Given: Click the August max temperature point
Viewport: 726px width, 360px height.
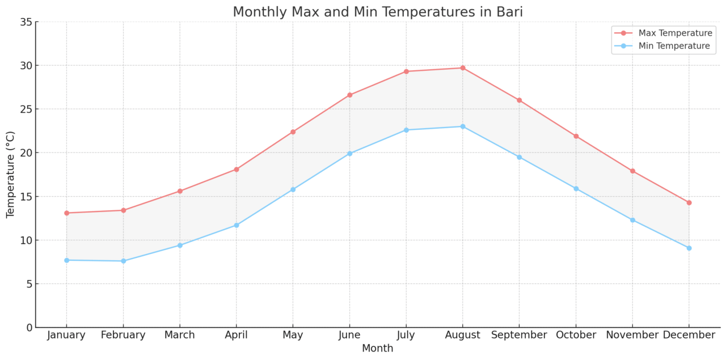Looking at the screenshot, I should (x=462, y=68).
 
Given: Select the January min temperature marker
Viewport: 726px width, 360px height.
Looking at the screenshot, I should (x=66, y=260).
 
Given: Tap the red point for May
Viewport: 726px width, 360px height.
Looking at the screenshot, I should (x=293, y=132).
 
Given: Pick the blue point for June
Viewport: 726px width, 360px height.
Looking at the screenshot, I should (x=349, y=154).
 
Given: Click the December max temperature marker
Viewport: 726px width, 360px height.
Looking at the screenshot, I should (x=689, y=202).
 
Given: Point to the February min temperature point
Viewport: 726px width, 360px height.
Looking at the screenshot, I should (x=123, y=261).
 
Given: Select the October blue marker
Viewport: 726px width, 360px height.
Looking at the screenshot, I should (x=576, y=189).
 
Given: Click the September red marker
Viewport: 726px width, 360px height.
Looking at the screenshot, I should (x=519, y=100).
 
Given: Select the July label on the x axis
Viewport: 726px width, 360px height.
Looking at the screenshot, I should (x=406, y=336).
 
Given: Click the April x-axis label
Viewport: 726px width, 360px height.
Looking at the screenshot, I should (x=236, y=336).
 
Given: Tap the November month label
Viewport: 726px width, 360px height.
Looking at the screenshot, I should (x=632, y=336).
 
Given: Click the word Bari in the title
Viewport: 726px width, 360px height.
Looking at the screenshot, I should (x=508, y=12).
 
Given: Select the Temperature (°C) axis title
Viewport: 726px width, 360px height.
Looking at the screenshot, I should (x=11, y=175).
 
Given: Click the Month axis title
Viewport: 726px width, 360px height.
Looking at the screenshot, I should (x=377, y=349).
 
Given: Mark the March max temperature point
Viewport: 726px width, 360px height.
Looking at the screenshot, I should (x=180, y=191).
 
